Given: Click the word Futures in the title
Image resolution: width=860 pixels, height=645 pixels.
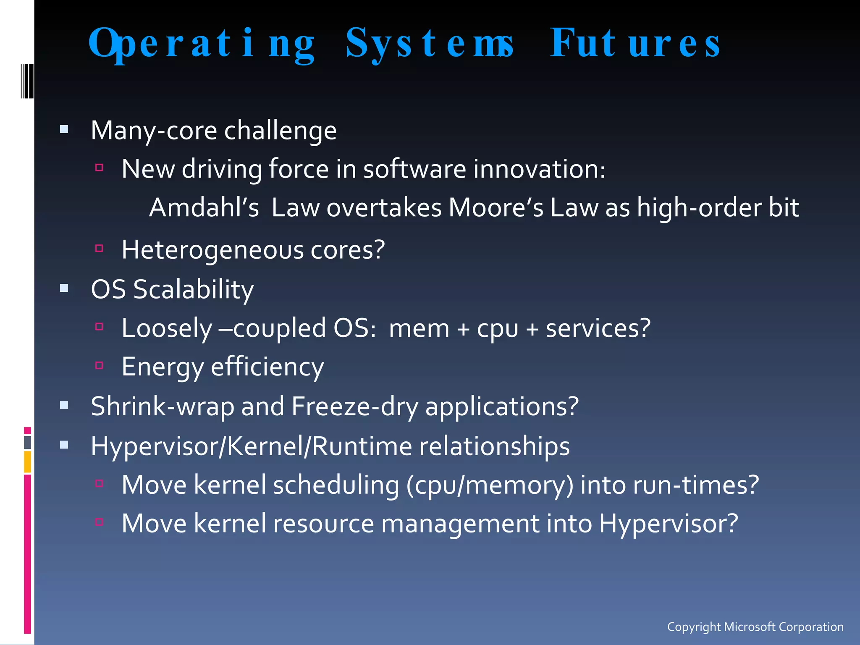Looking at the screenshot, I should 635,43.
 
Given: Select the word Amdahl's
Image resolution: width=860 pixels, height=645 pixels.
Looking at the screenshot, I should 204,208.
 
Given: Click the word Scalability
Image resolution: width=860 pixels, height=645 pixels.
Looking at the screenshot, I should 193,290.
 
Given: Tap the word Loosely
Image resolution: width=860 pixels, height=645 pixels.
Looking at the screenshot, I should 167,328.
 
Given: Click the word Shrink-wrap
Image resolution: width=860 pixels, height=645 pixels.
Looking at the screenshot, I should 162,406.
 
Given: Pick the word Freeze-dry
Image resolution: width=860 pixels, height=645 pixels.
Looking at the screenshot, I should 354,406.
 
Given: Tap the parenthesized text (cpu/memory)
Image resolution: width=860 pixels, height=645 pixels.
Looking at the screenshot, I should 490,485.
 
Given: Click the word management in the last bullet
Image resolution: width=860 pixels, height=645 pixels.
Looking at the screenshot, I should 460,524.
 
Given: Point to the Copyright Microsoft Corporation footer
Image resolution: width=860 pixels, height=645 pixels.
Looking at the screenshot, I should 755,627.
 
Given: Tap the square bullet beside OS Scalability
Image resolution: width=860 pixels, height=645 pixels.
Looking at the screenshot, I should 64,288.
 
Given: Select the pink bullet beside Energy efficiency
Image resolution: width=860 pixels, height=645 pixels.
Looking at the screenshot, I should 99,365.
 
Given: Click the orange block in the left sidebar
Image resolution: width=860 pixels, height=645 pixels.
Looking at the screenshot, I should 27,461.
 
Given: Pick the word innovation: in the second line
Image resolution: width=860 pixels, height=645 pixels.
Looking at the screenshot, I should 539,169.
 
